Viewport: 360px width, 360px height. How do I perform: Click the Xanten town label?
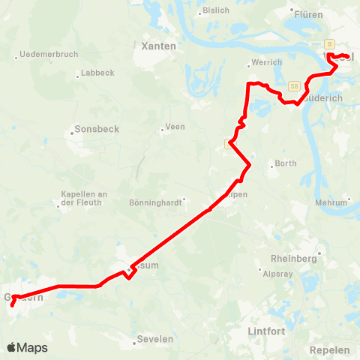158,46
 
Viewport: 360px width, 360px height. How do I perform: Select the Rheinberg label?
295,258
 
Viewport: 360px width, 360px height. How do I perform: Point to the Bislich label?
217,11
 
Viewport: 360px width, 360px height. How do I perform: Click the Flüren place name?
309,13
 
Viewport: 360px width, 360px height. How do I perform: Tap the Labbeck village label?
96,73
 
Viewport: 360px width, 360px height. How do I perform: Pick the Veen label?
175,127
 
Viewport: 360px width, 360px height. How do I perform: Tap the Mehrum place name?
333,202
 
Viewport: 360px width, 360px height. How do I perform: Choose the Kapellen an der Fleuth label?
83,199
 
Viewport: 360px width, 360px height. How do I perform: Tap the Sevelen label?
156,339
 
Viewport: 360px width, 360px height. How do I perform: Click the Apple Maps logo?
27,347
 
